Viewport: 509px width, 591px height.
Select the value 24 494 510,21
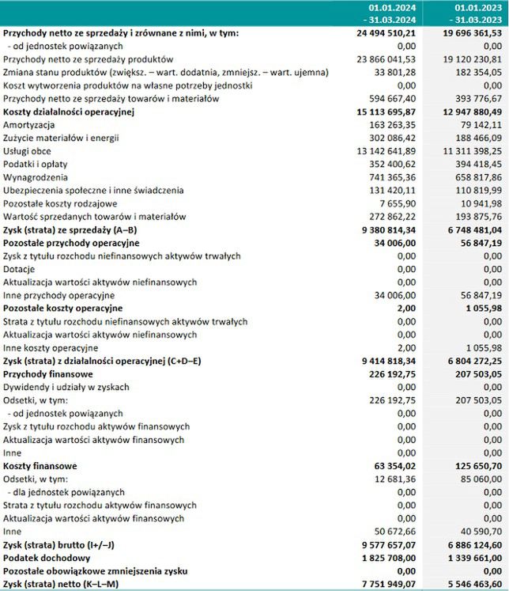pos(381,34)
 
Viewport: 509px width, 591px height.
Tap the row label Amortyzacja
pos(28,125)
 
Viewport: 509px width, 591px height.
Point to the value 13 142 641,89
pos(381,151)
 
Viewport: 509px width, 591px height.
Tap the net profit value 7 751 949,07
pos(383,584)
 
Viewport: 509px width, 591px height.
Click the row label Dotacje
pos(19,269)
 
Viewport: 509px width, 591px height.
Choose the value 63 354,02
pos(390,466)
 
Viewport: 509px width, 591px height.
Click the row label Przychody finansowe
pos(48,373)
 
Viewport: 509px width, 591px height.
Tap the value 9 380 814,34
pos(383,229)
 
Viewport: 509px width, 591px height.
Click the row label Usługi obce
pos(28,151)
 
